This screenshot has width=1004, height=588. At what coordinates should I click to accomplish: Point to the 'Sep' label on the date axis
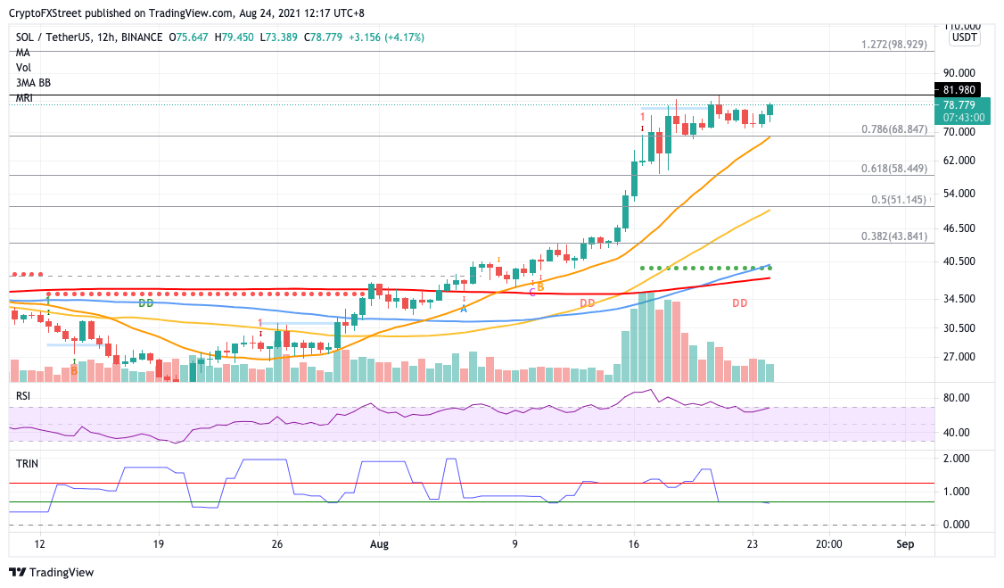tap(905, 542)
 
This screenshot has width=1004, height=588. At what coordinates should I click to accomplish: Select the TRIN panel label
tap(26, 465)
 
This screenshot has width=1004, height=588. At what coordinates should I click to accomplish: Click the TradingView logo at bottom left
tap(51, 572)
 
